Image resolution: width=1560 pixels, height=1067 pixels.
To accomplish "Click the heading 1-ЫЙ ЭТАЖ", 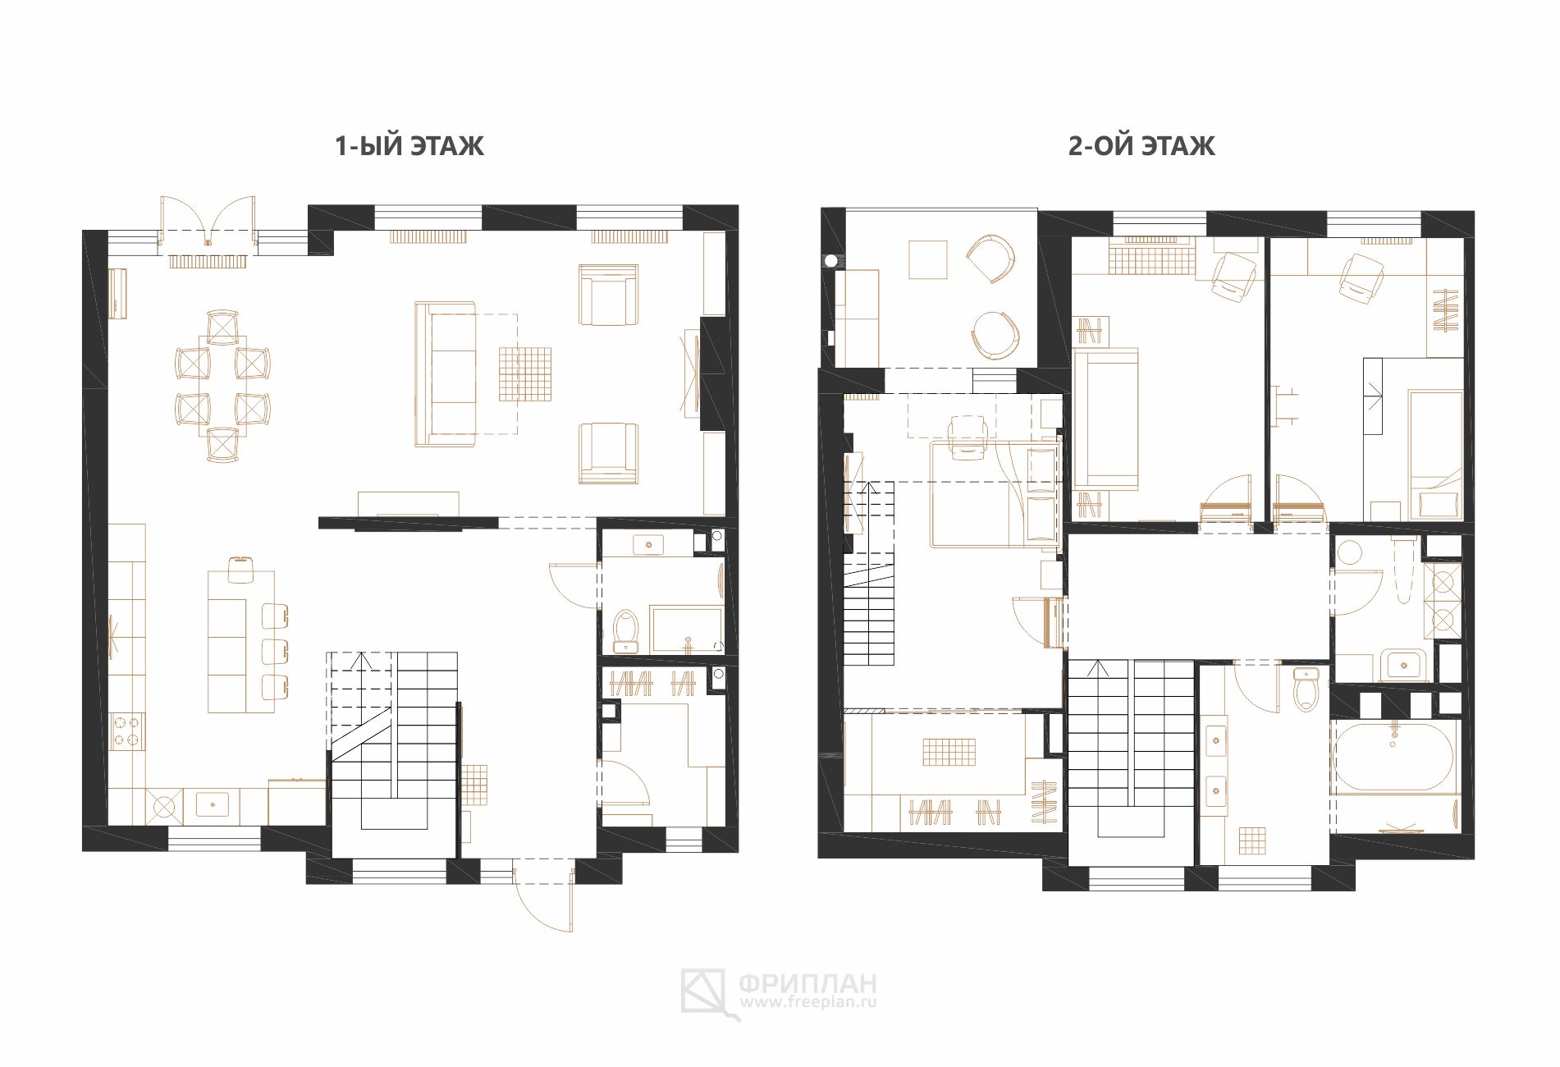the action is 409,146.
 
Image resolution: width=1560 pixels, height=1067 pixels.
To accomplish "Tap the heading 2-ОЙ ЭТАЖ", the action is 1141,146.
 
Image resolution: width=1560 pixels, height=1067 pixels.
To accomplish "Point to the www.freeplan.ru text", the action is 808,1002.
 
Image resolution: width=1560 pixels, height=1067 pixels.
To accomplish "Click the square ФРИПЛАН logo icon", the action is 703,991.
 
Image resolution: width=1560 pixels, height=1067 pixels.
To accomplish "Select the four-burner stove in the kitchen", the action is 127,731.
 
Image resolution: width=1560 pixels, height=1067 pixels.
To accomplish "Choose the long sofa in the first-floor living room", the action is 445,374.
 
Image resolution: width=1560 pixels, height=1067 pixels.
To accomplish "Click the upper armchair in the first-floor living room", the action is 608,295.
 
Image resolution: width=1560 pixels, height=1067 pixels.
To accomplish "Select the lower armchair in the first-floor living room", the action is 608,453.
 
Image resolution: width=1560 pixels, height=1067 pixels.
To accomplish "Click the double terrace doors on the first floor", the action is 208,220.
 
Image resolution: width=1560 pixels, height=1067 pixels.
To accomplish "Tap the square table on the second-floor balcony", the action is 927,260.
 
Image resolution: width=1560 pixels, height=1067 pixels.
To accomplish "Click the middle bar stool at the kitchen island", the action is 275,650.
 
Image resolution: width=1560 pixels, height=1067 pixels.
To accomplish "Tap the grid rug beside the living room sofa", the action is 525,374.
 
